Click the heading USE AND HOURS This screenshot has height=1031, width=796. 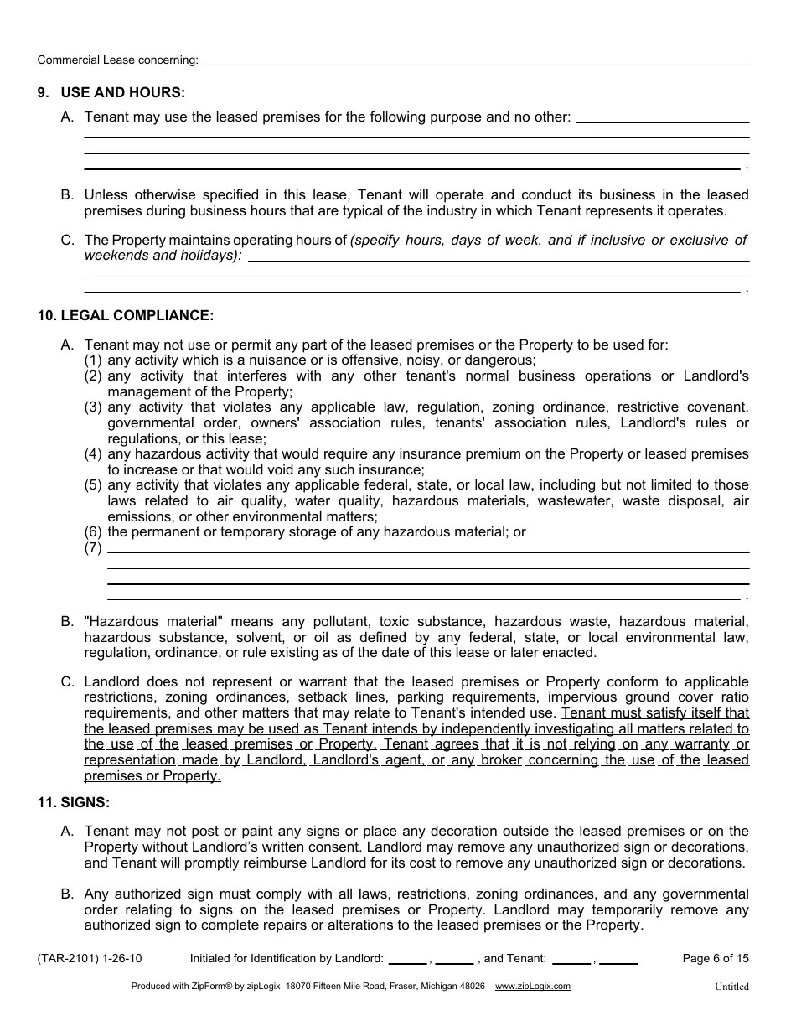pyautogui.click(x=122, y=92)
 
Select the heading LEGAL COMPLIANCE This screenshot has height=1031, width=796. pyautogui.click(x=137, y=316)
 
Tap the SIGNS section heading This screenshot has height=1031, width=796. pyautogui.click(x=84, y=802)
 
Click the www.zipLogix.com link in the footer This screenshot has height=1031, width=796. pyautogui.click(x=533, y=987)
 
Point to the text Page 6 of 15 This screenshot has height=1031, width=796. pyautogui.click(x=716, y=959)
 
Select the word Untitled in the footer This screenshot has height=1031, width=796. pyautogui.click(x=731, y=987)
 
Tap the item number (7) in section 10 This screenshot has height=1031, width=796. pyautogui.click(x=93, y=548)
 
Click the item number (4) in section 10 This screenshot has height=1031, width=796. pyautogui.click(x=93, y=454)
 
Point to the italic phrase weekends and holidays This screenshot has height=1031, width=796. pyautogui.click(x=161, y=256)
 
